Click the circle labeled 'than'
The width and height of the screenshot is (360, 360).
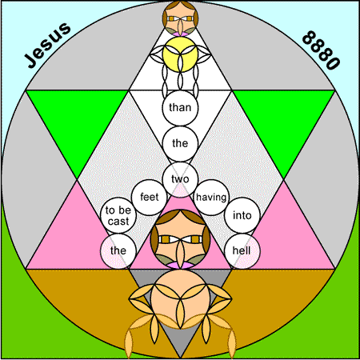point(180,108)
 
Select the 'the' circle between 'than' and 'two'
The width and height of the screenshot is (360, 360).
point(180,143)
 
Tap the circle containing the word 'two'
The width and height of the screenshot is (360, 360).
point(180,179)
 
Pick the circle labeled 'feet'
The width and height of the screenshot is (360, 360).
point(150,198)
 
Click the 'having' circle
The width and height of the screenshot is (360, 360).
point(211,198)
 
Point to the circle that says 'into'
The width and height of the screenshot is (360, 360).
point(242,215)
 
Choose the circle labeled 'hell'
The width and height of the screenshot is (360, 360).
point(242,251)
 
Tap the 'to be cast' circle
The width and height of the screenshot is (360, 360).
point(118,215)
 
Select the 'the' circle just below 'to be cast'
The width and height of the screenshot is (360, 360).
point(118,251)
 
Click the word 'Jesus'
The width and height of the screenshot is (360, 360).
point(48,45)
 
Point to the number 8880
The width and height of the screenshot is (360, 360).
point(321,50)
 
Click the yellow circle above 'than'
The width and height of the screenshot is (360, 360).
point(180,54)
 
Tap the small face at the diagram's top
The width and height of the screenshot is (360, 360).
point(180,18)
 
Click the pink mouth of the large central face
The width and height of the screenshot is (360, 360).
point(180,266)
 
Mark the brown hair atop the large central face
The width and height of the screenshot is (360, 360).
point(180,217)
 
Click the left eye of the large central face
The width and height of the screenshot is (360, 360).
point(166,239)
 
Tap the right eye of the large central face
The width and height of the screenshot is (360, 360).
point(194,239)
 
